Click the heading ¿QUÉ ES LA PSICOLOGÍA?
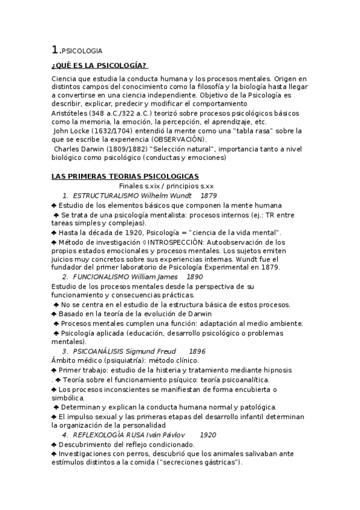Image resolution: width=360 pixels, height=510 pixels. point(100,66)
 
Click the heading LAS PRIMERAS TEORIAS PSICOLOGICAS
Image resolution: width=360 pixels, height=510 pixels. point(125,176)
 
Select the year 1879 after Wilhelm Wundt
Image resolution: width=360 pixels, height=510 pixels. point(209,196)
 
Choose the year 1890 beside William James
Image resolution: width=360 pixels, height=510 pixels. point(195,277)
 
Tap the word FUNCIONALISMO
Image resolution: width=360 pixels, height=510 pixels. point(98,277)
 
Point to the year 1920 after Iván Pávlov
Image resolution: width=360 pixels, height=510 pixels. point(208,435)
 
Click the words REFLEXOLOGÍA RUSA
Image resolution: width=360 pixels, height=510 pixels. point(106,435)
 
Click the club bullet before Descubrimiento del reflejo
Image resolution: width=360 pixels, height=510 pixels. point(54,444)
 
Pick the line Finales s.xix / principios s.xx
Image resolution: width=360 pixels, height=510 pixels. point(162,186)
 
